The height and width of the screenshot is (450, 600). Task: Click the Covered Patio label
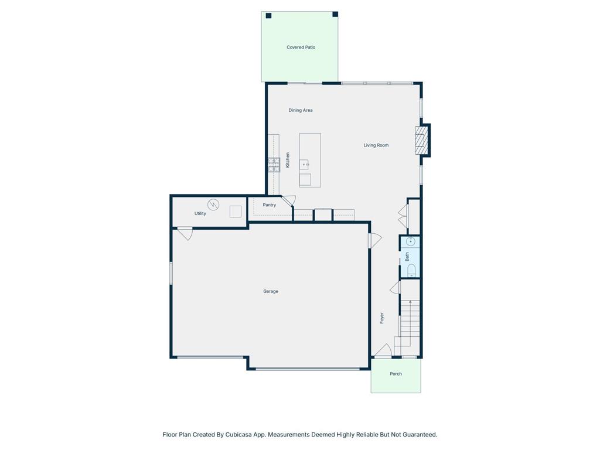pos(301,47)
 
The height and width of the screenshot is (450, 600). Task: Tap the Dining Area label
pos(301,110)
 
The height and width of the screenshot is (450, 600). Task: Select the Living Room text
pos(376,145)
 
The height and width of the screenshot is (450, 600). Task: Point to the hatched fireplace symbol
pos(421,141)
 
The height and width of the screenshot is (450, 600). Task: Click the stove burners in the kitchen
pos(274,165)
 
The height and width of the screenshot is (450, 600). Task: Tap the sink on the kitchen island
pos(305,165)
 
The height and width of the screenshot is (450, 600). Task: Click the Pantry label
pos(270,205)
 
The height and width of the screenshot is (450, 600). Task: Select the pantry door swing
pos(288,200)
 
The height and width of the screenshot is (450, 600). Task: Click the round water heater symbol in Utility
pos(213,204)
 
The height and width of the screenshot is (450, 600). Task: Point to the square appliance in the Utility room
pos(236,212)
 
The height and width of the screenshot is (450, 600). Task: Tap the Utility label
pos(200,213)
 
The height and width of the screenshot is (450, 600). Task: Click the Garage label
pos(271,292)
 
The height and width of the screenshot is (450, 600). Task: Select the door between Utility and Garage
pos(185,233)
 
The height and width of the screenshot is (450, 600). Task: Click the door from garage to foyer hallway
pos(374,240)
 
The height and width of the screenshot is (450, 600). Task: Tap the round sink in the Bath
pos(410,241)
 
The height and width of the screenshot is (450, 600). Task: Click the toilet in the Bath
pos(411,270)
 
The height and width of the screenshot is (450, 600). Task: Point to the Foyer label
pos(381,318)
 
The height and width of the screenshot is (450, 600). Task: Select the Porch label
pos(396,374)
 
